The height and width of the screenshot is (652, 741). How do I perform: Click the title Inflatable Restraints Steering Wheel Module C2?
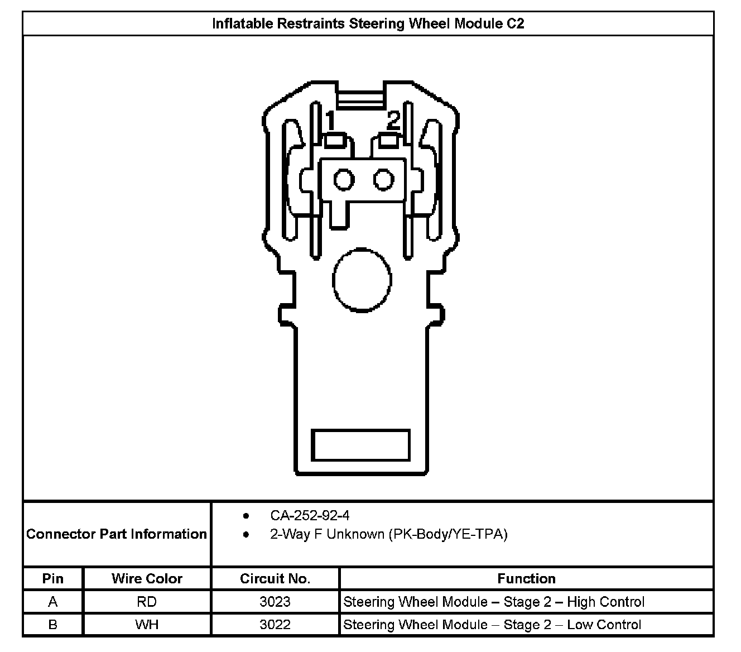click(368, 23)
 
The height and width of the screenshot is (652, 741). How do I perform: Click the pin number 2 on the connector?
click(394, 119)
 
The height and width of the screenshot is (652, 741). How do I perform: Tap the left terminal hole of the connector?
click(344, 180)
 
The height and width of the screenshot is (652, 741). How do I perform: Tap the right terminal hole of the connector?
click(384, 180)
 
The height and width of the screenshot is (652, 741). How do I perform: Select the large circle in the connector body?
click(361, 279)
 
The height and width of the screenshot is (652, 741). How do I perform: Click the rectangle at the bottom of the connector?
click(360, 445)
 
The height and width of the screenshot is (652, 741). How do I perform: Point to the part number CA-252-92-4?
click(310, 515)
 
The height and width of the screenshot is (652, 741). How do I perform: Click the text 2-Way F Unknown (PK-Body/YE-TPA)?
click(388, 534)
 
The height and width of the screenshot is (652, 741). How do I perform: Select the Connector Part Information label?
click(117, 534)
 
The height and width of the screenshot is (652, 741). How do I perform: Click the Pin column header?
click(53, 578)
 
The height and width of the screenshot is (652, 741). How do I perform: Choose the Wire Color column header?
click(147, 578)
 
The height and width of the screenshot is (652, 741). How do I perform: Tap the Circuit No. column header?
click(275, 578)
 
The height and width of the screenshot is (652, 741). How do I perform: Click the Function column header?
click(526, 578)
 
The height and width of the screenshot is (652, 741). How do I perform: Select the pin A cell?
click(53, 602)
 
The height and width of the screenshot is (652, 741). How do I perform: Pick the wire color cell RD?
click(147, 602)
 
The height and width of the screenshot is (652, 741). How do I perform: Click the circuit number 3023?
click(275, 602)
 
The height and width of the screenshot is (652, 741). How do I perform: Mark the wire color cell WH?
click(147, 625)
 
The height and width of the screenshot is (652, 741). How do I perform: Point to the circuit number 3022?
click(275, 625)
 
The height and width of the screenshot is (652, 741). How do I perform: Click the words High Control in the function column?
click(605, 602)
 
